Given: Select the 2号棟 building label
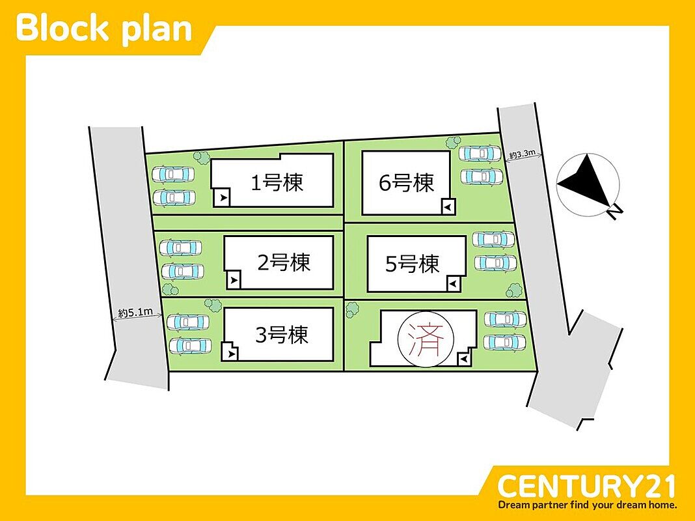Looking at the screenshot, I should pos(284,262).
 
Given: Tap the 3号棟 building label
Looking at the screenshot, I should pos(281,335).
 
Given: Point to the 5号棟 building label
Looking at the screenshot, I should pos(413,264).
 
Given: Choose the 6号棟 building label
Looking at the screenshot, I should pos(406,182).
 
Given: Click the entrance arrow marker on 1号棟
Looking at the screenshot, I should pos(223,197).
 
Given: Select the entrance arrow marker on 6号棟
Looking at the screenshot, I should pos(446,206).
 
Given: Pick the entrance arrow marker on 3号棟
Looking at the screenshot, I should pos(232,354).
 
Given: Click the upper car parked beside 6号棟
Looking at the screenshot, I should pos(480,154).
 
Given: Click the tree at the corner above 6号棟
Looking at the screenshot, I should pos(454,141).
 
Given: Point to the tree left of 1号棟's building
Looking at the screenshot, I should pos(202,156).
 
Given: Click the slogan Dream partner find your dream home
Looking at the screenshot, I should pos(587,505).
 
